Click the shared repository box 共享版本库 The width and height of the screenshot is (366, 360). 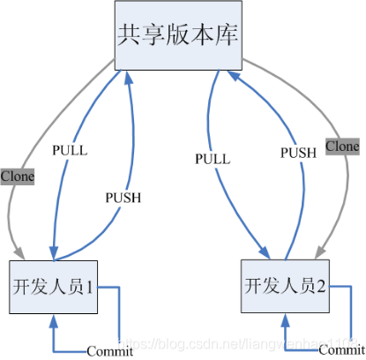176,35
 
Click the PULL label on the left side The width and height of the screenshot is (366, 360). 69,150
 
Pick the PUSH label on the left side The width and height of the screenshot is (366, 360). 123,197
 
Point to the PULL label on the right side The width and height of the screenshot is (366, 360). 213,160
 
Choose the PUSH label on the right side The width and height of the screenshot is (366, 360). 298,152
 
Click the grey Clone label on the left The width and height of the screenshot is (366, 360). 17,176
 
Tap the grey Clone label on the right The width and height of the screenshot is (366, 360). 342,145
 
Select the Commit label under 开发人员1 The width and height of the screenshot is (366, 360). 110,351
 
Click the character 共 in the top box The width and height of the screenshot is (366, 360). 130,35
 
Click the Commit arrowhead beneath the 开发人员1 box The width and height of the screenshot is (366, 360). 54,320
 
